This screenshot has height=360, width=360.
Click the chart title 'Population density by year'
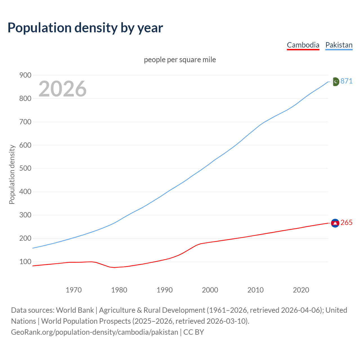85,28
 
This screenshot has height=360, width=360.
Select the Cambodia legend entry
303,45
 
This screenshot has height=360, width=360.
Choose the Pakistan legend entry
339,45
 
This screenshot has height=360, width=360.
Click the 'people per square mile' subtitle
180,60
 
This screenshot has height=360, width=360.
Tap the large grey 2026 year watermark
62,89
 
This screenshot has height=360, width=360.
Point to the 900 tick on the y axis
25,75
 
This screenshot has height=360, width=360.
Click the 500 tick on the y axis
25,168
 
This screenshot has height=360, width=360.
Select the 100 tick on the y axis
25,262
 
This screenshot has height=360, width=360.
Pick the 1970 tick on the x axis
74,290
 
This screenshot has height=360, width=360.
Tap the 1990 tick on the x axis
165,290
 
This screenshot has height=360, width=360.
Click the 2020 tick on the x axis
301,290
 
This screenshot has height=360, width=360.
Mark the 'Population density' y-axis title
12,174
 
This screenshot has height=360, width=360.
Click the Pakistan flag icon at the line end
335,82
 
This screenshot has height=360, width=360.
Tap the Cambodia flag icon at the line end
335,223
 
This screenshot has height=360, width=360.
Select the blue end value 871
346,81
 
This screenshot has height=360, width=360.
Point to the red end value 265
346,223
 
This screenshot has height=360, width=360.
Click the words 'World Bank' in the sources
75,310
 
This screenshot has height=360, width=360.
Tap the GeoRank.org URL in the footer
94,332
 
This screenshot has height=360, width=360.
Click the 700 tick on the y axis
25,122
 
